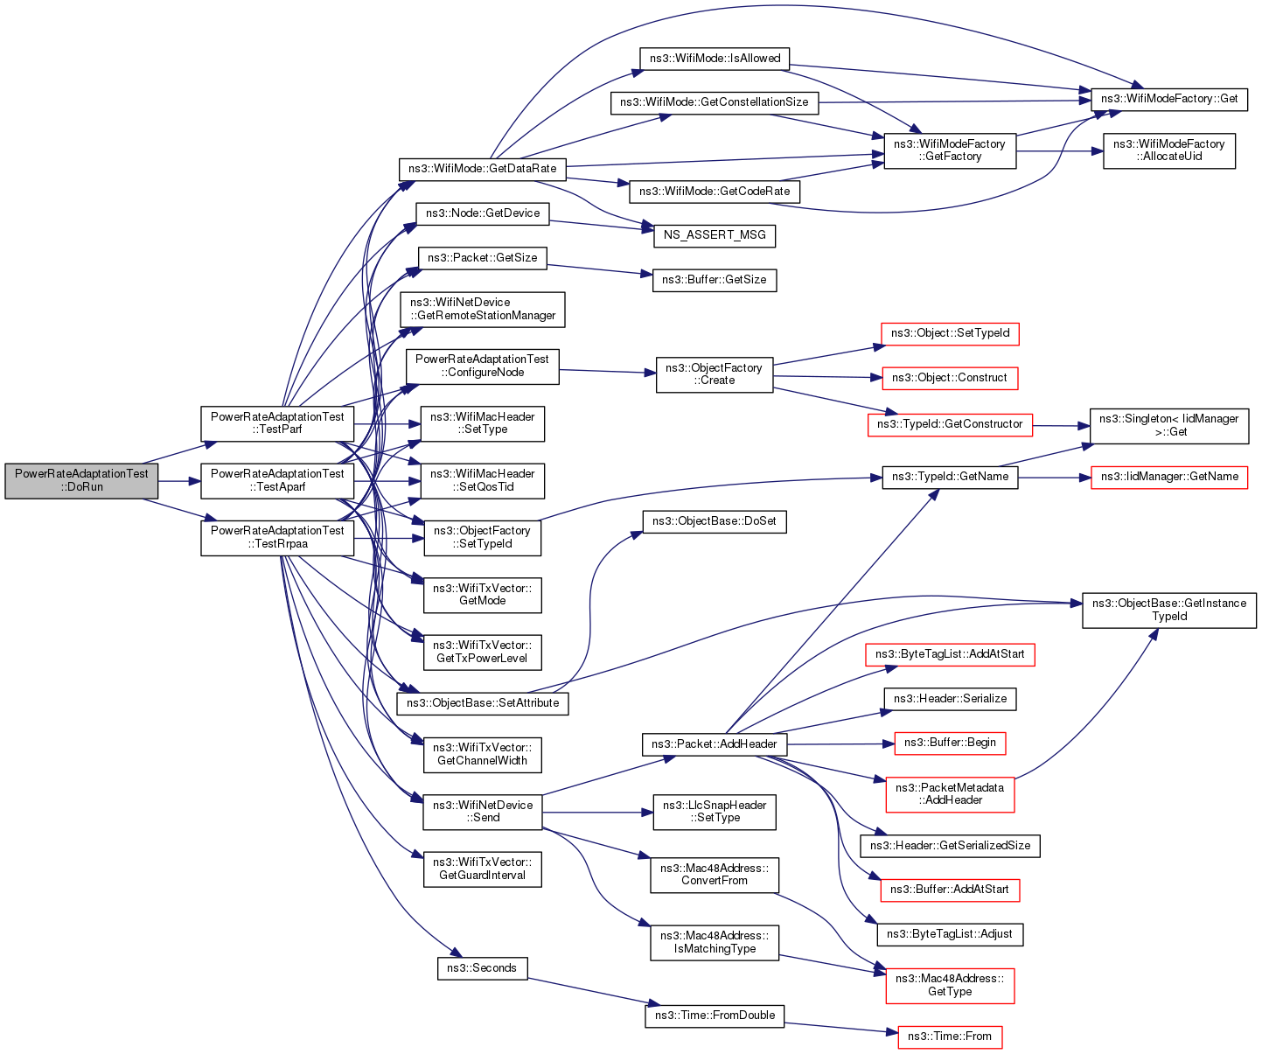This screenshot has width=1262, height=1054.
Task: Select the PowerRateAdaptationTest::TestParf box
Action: pyautogui.click(x=277, y=423)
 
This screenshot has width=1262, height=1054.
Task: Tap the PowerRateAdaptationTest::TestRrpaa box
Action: pyautogui.click(x=277, y=537)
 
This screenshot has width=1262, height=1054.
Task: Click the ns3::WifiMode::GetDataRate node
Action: pyautogui.click(x=482, y=168)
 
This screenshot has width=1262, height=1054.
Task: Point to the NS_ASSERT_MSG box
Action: pyautogui.click(x=715, y=234)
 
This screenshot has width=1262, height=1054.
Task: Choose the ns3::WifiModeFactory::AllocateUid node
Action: pyautogui.click(x=1168, y=150)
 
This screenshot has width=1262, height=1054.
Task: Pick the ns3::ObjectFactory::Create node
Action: pyautogui.click(x=714, y=374)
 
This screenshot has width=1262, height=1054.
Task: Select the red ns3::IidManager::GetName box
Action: pyautogui.click(x=1169, y=477)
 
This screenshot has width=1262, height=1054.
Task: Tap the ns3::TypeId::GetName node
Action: pyautogui.click(x=950, y=477)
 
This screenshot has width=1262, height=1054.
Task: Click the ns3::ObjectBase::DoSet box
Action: pyautogui.click(x=715, y=521)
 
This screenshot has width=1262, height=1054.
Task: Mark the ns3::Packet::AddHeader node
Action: pyautogui.click(x=715, y=744)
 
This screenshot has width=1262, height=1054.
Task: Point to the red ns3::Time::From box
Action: pyautogui.click(x=950, y=1037)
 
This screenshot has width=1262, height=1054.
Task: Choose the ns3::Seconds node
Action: pyautogui.click(x=482, y=968)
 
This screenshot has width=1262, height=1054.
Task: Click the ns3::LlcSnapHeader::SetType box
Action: pyautogui.click(x=715, y=812)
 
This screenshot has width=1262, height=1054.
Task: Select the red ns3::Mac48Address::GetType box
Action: pyautogui.click(x=950, y=985)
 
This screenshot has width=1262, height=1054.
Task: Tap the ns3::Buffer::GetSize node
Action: pyautogui.click(x=715, y=280)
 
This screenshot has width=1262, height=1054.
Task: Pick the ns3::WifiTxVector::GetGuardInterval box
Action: pyautogui.click(x=482, y=869)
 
